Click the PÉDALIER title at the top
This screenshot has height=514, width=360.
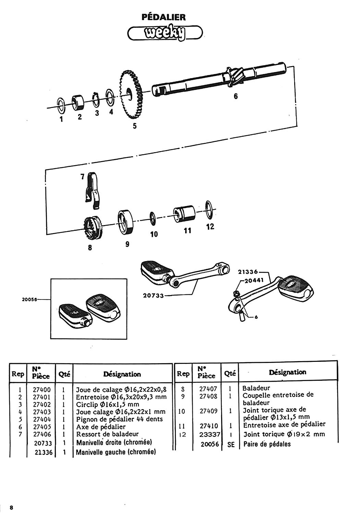point(164,17)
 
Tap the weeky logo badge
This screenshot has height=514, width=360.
point(165,34)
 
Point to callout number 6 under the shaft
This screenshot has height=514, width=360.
point(236,96)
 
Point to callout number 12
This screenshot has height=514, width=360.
point(210,227)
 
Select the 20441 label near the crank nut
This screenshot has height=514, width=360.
point(254,280)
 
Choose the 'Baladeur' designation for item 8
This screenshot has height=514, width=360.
point(256,388)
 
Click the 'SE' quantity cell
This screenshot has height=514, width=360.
point(231,444)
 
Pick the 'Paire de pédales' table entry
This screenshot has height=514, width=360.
point(267,444)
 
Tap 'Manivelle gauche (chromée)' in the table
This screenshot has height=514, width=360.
point(116,452)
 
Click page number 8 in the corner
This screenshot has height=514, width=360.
point(12,507)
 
